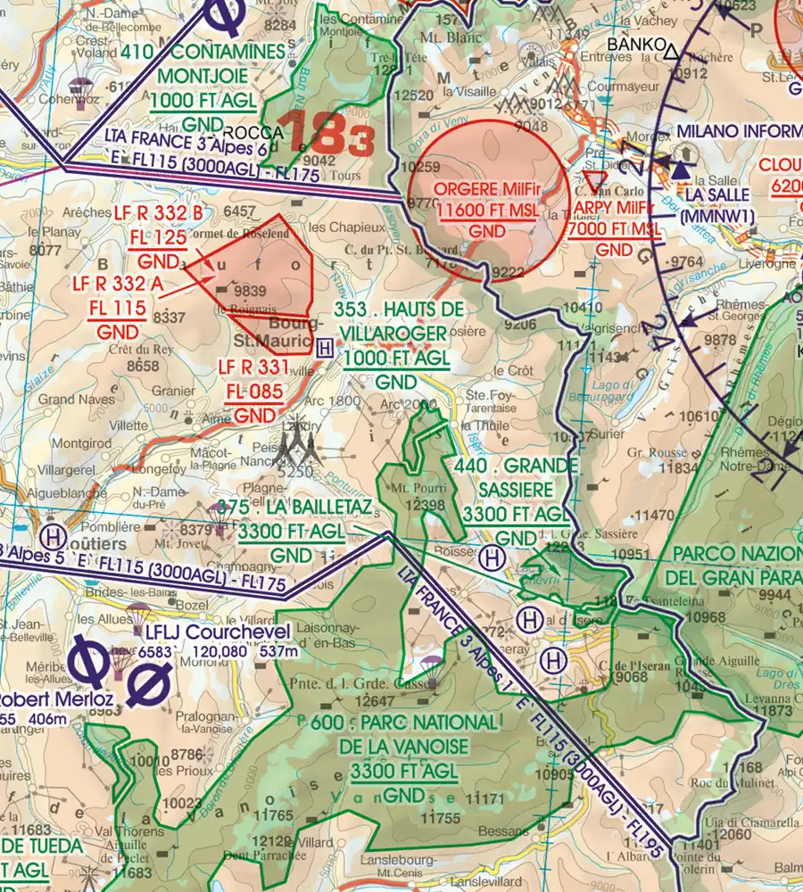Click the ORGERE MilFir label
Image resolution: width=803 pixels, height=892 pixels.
tap(487, 190)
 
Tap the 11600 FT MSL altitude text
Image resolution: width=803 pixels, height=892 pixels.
tap(487, 210)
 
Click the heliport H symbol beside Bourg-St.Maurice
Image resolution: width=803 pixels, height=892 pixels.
tap(326, 347)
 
